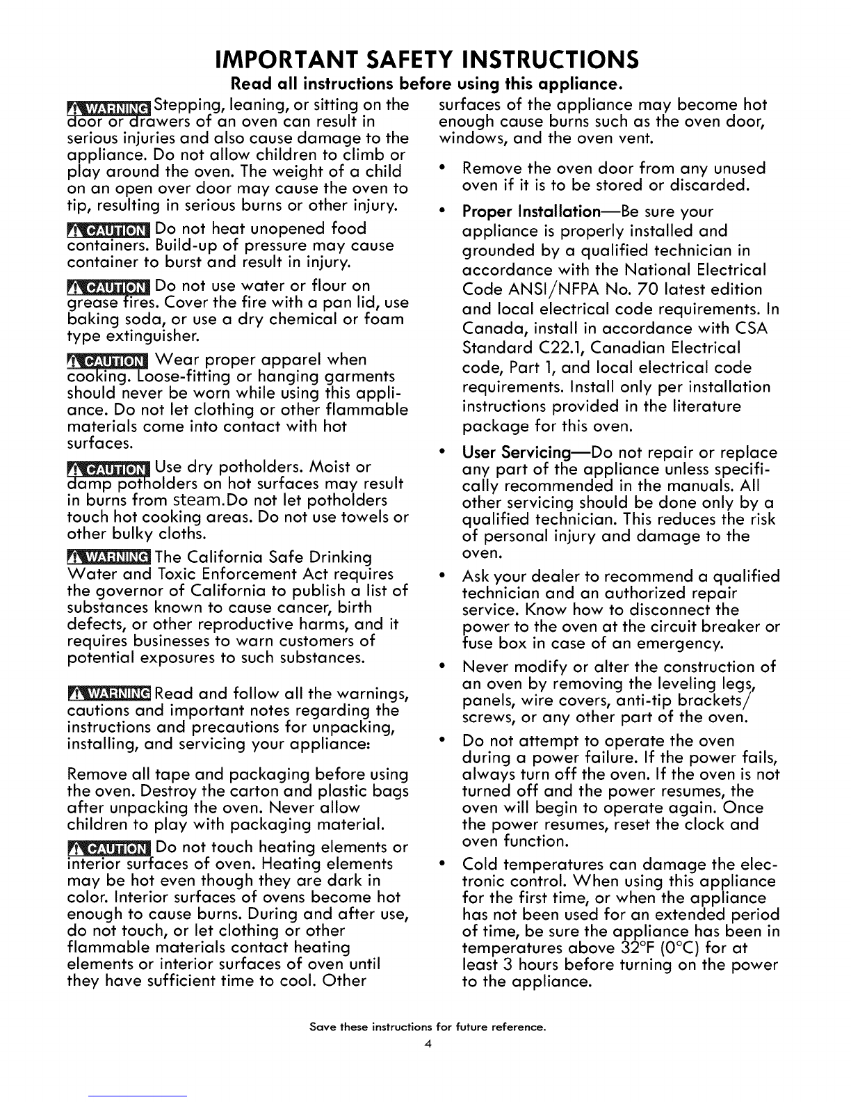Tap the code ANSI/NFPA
[x=550, y=289]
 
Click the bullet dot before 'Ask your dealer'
[x=443, y=577]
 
